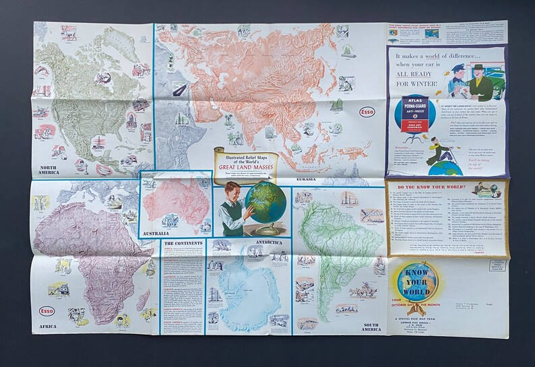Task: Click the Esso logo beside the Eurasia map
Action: [367, 112]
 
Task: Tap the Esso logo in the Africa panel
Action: [46, 310]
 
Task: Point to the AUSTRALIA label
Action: [154, 233]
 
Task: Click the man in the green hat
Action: [481, 68]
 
